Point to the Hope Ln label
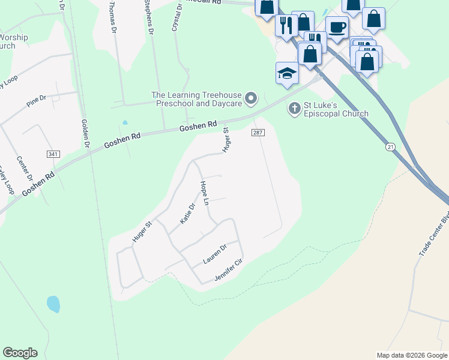204,194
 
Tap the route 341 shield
53,154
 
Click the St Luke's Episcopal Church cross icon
294,109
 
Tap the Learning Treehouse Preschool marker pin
252,97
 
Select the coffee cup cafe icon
337,27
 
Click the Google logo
20,353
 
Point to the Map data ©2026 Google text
411,355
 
